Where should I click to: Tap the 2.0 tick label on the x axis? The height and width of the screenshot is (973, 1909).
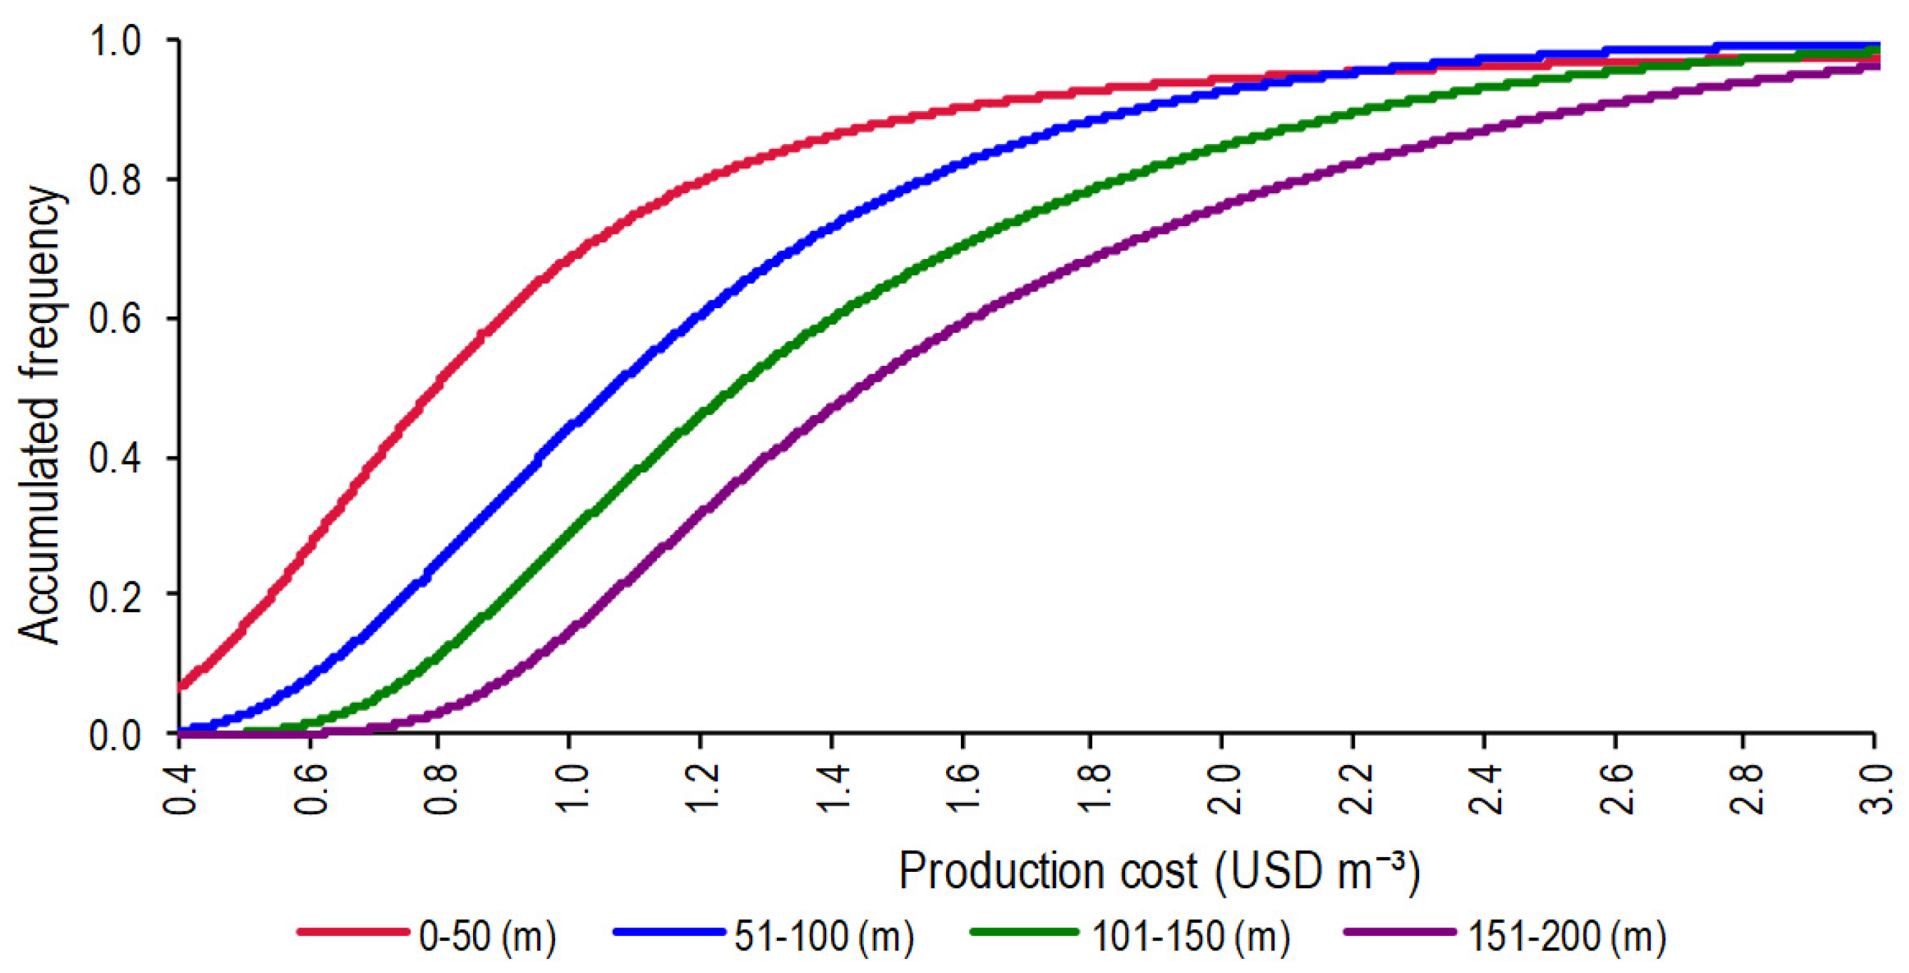pyautogui.click(x=1221, y=789)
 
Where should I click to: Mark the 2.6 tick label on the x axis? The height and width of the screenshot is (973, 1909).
pyautogui.click(x=1614, y=789)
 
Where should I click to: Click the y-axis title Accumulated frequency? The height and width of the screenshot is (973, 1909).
pyautogui.click(x=39, y=415)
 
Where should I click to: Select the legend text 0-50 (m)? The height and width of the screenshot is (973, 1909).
pyautogui.click(x=487, y=936)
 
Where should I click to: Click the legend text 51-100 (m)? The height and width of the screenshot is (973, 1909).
pyautogui.click(x=823, y=936)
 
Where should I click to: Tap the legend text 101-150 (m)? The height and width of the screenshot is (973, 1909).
pyautogui.click(x=1190, y=936)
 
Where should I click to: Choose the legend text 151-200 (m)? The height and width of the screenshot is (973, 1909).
pyautogui.click(x=1567, y=936)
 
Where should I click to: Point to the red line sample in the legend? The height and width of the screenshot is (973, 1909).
pyautogui.click(x=353, y=932)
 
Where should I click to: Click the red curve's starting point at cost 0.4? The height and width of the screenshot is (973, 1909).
pyautogui.click(x=181, y=685)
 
